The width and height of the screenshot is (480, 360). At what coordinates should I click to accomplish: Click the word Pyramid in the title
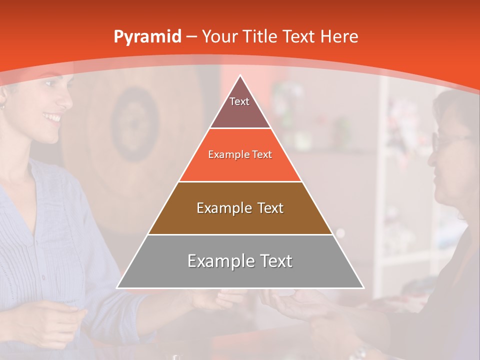(147, 37)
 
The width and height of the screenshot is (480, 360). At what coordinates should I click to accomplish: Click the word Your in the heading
(219, 36)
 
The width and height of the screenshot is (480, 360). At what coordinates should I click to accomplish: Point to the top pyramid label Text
(239, 101)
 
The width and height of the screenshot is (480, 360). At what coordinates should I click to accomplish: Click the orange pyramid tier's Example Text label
(240, 154)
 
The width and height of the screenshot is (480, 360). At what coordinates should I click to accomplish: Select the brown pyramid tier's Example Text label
(240, 208)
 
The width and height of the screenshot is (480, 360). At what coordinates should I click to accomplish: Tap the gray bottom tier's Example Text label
(240, 261)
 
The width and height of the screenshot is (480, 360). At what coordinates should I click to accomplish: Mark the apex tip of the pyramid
(240, 75)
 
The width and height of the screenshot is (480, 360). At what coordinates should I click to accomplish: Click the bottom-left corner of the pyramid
(117, 287)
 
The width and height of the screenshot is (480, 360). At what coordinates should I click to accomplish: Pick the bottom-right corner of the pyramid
(363, 287)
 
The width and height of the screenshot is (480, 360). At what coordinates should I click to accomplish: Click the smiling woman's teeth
(51, 118)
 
